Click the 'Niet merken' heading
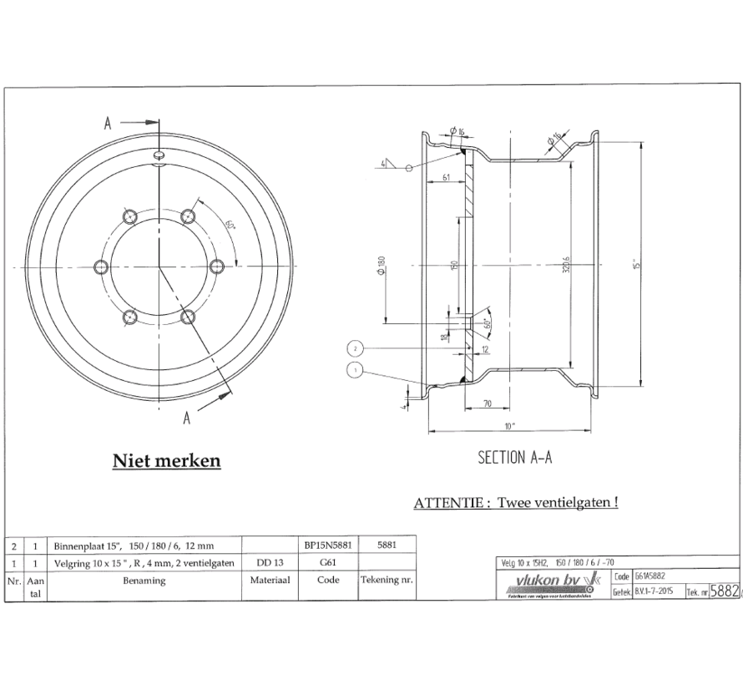(166, 460)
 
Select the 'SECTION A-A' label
(515, 457)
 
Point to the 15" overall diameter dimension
(637, 264)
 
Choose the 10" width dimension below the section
(509, 424)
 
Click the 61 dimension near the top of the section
(447, 177)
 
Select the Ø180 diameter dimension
(382, 266)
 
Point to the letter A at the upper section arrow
(108, 122)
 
